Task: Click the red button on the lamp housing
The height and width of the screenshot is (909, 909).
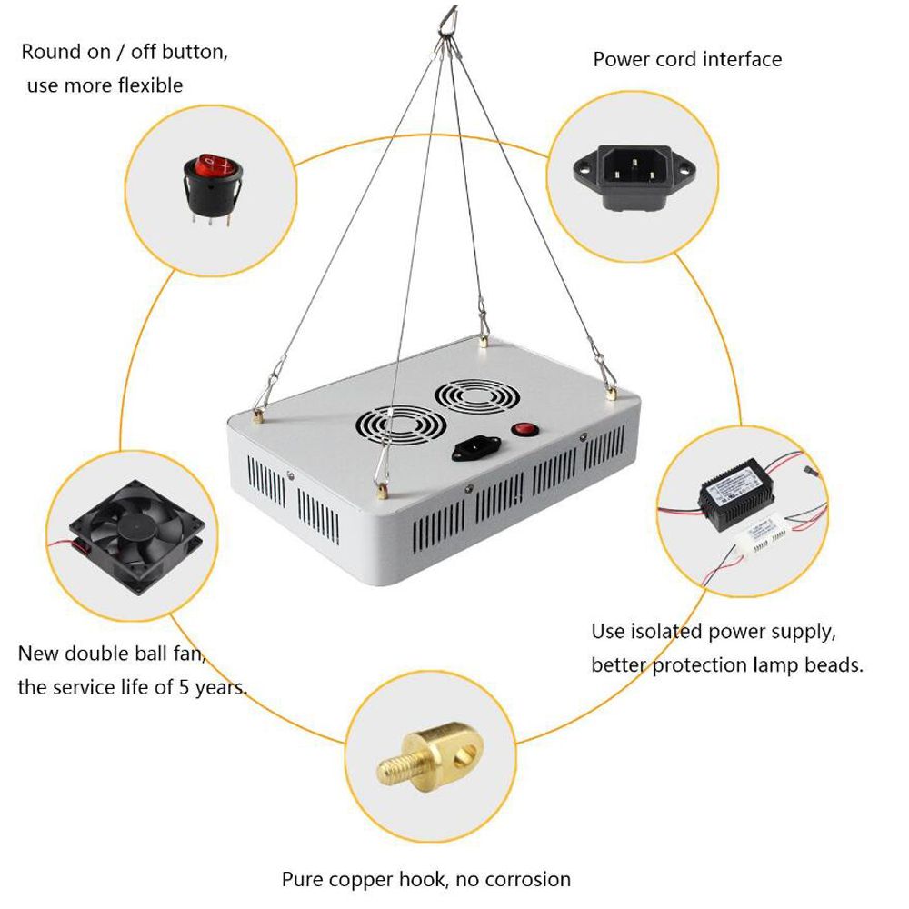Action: tap(522, 430)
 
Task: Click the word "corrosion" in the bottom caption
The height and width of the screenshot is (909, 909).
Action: tap(525, 879)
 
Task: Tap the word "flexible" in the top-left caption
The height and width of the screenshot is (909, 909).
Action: tap(145, 85)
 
